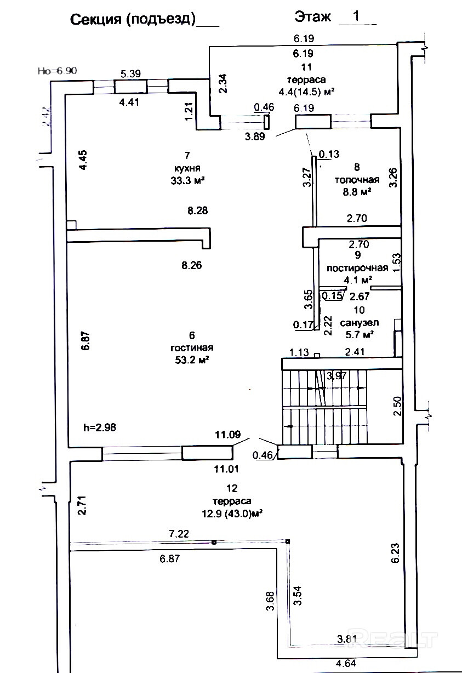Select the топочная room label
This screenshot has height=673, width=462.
(357, 180)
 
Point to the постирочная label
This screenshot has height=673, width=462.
(357, 268)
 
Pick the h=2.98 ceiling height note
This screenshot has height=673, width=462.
(100, 427)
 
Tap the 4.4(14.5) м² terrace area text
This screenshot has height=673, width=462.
(307, 92)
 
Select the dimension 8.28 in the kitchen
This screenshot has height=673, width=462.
(197, 210)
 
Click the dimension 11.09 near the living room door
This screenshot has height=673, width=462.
(228, 435)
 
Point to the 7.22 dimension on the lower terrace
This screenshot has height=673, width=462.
(179, 533)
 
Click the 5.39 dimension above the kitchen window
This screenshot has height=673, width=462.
(131, 73)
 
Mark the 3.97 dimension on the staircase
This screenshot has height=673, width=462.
(336, 375)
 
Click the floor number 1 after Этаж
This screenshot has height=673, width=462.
(356, 16)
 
